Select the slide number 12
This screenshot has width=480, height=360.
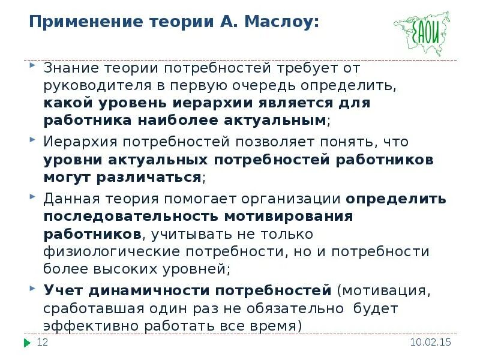42,343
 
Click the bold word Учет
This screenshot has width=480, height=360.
63,291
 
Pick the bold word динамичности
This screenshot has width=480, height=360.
149,291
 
